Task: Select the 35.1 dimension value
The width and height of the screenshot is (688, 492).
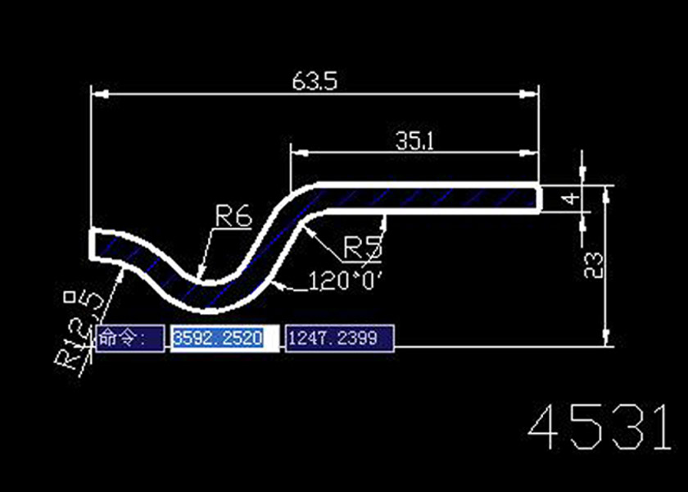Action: [415, 141]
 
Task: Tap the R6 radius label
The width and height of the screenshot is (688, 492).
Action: [233, 216]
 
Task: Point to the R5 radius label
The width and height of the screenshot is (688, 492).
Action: [360, 246]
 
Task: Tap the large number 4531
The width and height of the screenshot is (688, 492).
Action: [597, 429]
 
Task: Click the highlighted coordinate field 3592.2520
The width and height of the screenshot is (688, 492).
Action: [216, 337]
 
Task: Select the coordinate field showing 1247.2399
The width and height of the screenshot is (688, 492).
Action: [339, 337]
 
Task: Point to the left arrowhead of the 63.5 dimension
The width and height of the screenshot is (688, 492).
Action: [96, 93]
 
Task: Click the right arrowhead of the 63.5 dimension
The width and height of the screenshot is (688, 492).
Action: [534, 93]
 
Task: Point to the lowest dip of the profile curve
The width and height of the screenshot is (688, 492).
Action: [215, 298]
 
